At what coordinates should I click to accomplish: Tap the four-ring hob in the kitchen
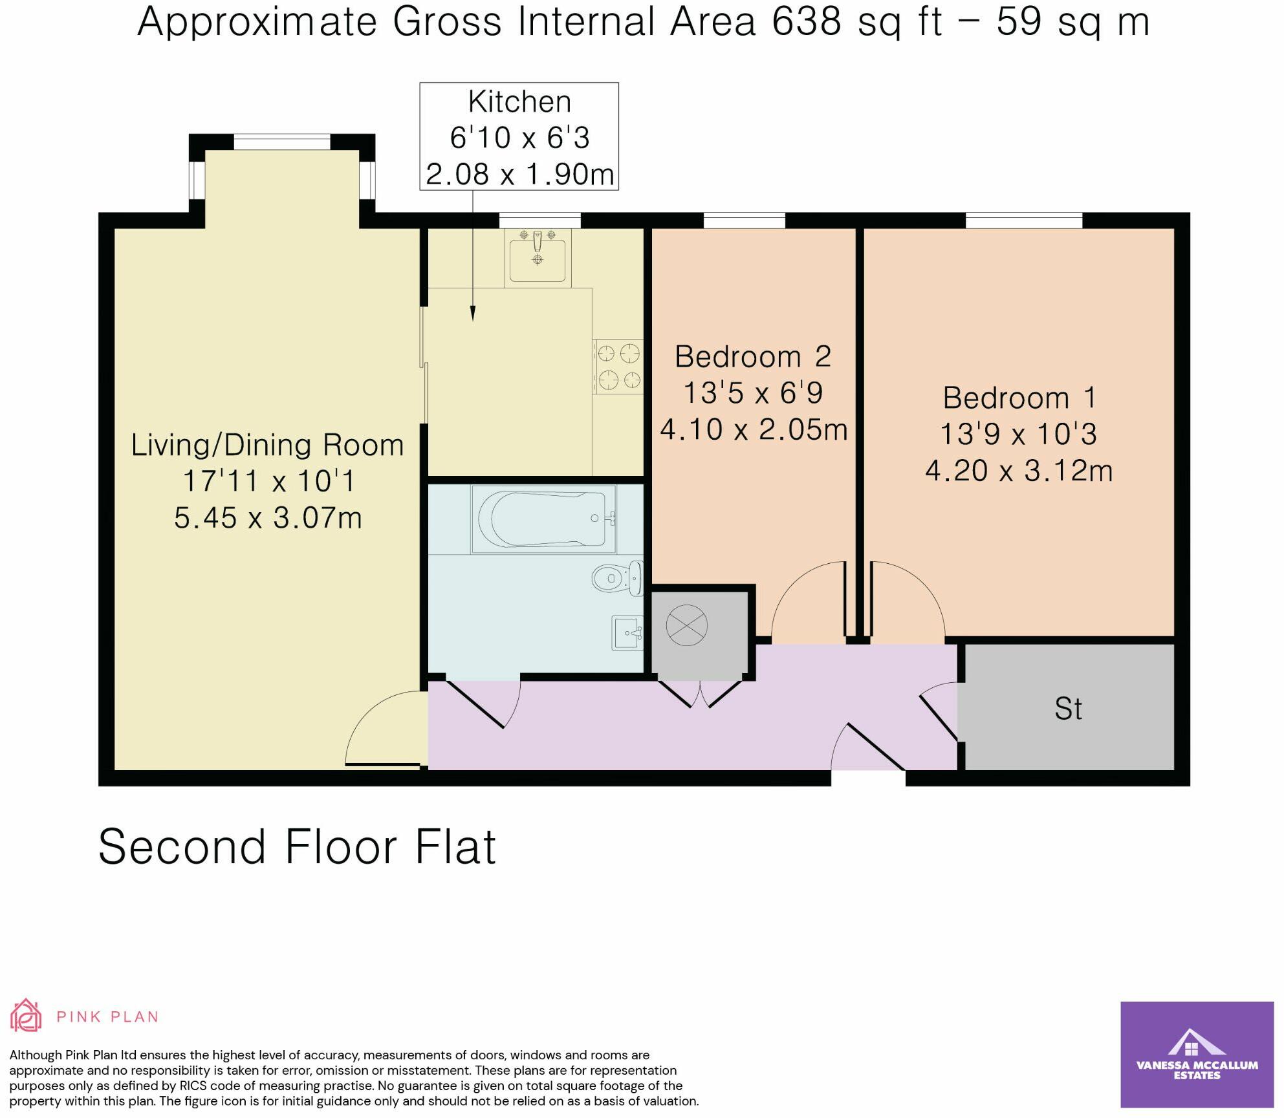pyautogui.click(x=618, y=367)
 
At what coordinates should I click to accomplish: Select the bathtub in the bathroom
pyautogui.click(x=543, y=519)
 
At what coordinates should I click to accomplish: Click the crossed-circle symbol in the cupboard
pyautogui.click(x=686, y=625)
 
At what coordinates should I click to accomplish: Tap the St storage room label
pyautogui.click(x=1068, y=709)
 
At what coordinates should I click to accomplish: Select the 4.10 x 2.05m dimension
pyautogui.click(x=754, y=429)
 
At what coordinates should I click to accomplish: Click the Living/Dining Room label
pyautogui.click(x=267, y=445)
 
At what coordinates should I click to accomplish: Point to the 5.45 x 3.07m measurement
pyautogui.click(x=267, y=518)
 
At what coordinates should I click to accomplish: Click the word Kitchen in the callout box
pyautogui.click(x=519, y=102)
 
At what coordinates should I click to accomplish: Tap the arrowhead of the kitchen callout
pyautogui.click(x=473, y=314)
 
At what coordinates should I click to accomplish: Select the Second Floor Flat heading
pyautogui.click(x=297, y=847)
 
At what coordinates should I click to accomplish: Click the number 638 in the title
pyautogui.click(x=807, y=21)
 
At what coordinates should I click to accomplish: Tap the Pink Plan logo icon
pyautogui.click(x=26, y=1016)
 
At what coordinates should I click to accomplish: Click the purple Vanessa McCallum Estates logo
pyautogui.click(x=1197, y=1055)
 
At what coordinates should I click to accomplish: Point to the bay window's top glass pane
pyautogui.click(x=281, y=142)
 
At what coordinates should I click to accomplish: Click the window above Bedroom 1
pyautogui.click(x=1023, y=221)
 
